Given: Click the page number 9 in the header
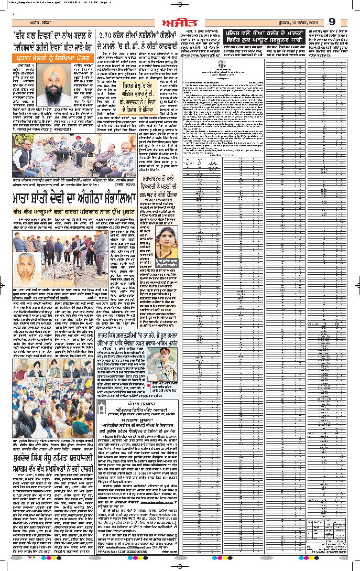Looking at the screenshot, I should (332, 21).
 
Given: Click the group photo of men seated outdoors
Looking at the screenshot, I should (74, 157).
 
